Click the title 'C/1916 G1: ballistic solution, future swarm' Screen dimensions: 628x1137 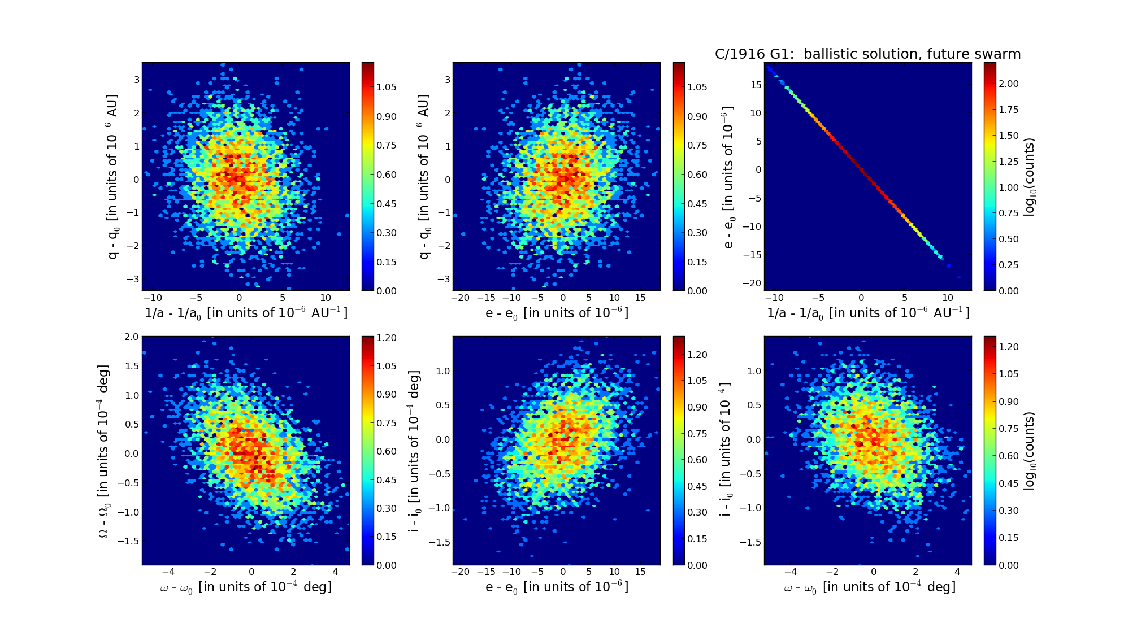867,54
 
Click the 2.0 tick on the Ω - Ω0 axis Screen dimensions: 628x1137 131,337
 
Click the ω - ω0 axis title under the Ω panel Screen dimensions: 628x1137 246,587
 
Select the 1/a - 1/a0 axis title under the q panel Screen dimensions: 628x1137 246,313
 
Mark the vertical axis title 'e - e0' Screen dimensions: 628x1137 729,177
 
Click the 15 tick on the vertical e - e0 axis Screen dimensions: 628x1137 756,85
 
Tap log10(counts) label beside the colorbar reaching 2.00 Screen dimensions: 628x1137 1030,177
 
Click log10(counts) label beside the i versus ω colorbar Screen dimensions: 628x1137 1030,451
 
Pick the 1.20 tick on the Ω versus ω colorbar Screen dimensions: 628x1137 387,338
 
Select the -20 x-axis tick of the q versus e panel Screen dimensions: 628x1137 461,298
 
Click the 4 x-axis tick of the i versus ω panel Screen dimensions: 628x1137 957,572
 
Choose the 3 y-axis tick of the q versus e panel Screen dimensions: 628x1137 448,80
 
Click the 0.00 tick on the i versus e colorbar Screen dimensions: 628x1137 698,565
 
